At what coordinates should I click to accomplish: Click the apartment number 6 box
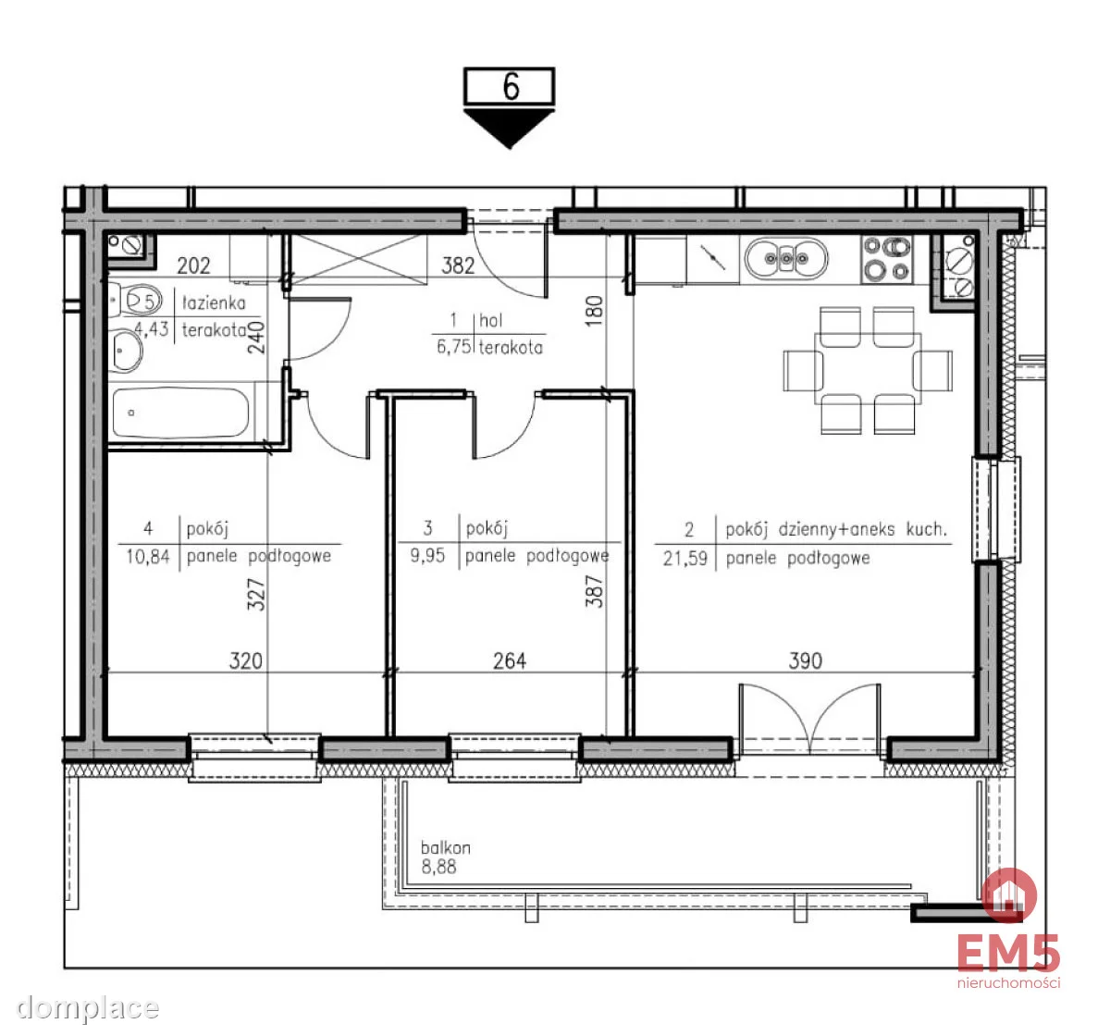[509, 86]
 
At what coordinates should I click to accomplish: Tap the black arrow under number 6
[509, 128]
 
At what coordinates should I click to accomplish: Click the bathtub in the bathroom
[180, 413]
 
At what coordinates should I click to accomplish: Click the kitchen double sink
[786, 259]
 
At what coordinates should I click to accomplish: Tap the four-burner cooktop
[888, 259]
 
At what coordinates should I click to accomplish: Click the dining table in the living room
[868, 369]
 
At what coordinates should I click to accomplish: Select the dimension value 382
[458, 265]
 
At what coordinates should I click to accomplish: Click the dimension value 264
[509, 660]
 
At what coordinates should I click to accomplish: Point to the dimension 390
[806, 660]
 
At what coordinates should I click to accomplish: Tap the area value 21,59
[684, 559]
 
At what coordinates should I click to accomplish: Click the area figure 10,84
[148, 557]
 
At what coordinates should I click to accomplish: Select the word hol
[491, 320]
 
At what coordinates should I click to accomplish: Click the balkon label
[446, 848]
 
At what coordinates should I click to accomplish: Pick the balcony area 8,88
[438, 867]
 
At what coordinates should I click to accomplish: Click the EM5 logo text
[1008, 954]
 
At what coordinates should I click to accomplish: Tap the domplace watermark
[88, 1008]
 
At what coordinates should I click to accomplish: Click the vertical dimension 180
[596, 311]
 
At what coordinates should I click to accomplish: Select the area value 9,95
[427, 556]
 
